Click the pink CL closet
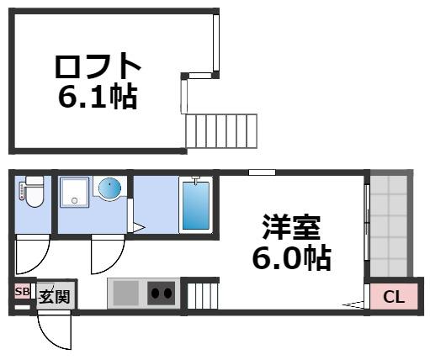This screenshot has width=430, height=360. click(x=393, y=296)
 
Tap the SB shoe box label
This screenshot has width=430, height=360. click(x=21, y=293)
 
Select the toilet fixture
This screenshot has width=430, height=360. click(x=32, y=193)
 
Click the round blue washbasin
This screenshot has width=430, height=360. click(x=109, y=188)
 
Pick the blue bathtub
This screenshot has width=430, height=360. click(x=194, y=205)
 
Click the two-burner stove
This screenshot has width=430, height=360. click(x=161, y=294)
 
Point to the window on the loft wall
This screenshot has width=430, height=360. click(x=216, y=42)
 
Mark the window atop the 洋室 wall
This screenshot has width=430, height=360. click(x=262, y=172)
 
